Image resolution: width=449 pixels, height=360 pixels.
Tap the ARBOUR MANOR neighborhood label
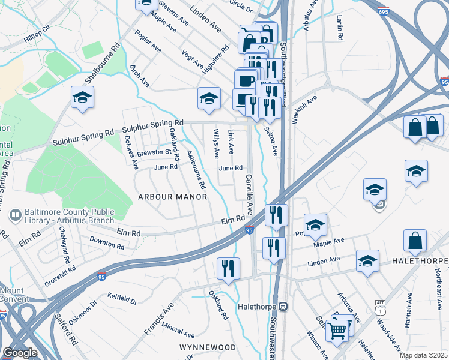(173, 197)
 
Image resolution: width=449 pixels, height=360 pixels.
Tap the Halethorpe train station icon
(282, 306)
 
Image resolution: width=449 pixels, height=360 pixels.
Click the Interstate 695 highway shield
(384, 11)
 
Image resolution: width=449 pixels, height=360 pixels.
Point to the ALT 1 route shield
(379, 304)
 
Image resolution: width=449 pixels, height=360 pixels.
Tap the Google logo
(20, 353)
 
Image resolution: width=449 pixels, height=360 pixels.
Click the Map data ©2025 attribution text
(423, 355)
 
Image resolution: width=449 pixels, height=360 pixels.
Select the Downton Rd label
(107, 242)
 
